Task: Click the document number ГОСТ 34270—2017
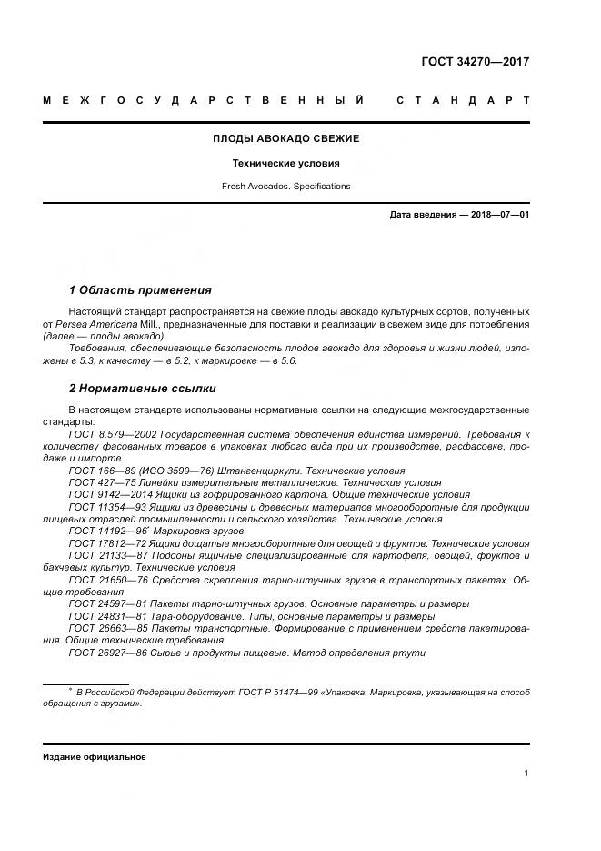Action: point(475,62)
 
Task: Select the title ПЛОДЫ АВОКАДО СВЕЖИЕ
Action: point(286,138)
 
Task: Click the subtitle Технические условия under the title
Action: point(286,163)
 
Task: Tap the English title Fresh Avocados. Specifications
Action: point(286,186)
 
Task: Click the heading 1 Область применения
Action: point(140,290)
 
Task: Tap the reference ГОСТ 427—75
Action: point(99,481)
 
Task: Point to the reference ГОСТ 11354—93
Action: point(107,506)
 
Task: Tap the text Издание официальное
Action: point(95,756)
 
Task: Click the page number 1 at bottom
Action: point(526,773)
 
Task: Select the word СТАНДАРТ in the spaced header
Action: point(463,99)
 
